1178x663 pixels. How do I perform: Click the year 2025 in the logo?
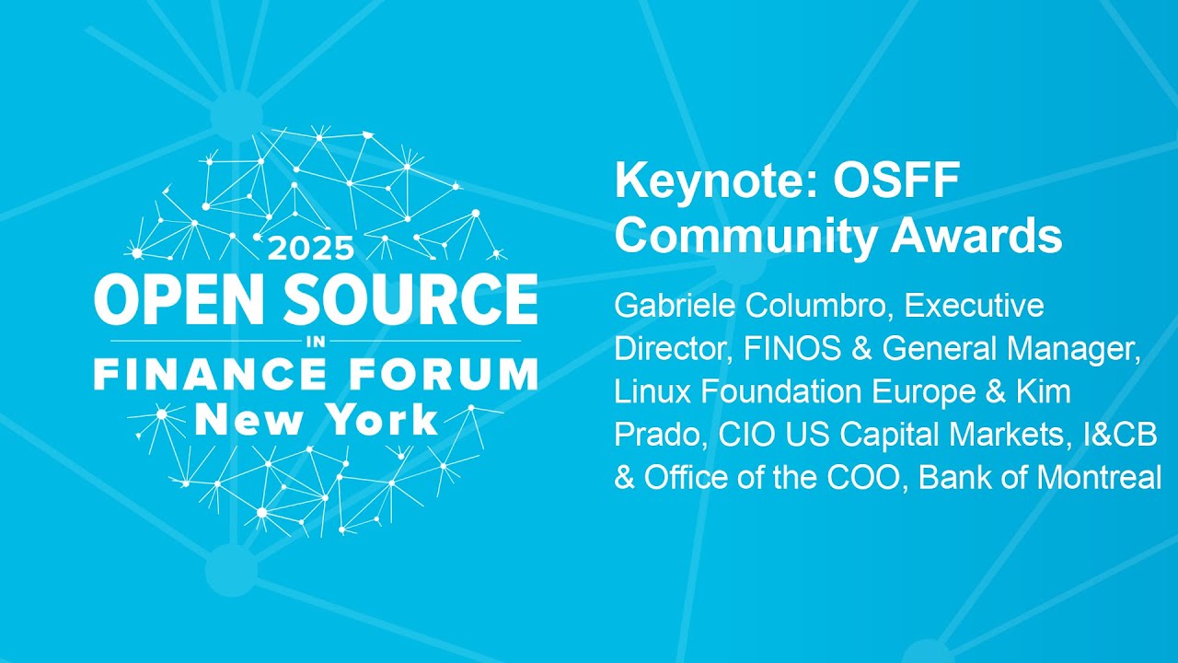click(x=310, y=248)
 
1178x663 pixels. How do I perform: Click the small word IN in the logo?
click(x=316, y=341)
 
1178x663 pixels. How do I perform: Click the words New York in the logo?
click(x=316, y=420)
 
